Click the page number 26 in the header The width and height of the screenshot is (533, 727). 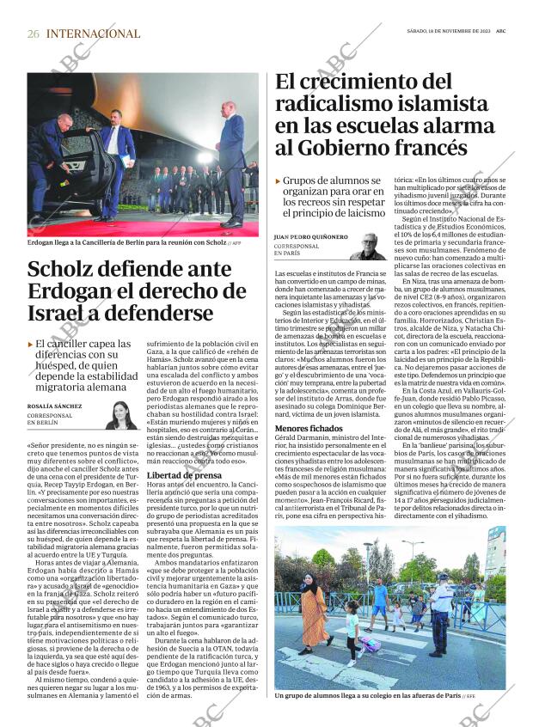(34, 34)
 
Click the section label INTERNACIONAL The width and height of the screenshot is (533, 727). (93, 34)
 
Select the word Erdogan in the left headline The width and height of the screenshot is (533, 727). (70, 290)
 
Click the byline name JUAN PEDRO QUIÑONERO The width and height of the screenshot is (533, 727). (310, 235)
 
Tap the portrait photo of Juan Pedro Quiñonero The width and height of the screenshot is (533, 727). (367, 245)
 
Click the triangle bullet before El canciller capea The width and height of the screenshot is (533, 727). (31, 345)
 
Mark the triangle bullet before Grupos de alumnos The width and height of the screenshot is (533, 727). (278, 181)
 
